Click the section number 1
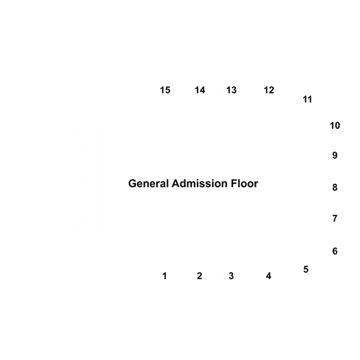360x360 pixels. pos(165,276)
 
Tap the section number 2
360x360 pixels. pos(200,276)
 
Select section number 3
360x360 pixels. pos(231,276)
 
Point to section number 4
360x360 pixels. pos(268,276)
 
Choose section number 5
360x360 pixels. pos(306,269)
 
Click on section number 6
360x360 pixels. pos(335,251)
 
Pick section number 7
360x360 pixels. pos(335,218)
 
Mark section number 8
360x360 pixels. pos(335,187)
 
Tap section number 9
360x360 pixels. pos(335,156)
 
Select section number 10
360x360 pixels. pos(335,125)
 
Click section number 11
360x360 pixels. pos(307,99)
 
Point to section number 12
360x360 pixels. pos(269,90)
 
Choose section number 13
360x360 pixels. pos(231,90)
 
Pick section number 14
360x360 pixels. pos(200,90)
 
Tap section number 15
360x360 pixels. pos(165,90)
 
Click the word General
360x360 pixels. pos(149,184)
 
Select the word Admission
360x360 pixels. pos(200,184)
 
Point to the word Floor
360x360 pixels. pos(244,184)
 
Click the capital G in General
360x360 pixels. pos(132,184)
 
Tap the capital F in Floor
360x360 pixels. pos(234,184)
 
